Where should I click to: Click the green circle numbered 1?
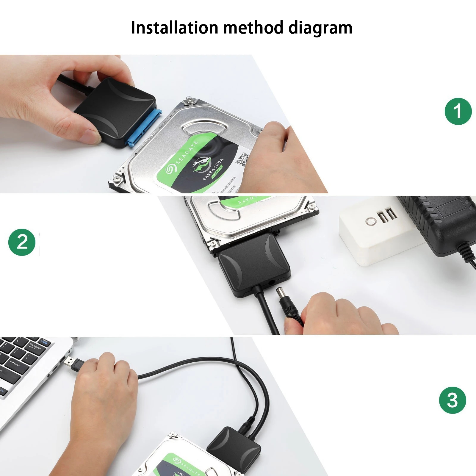(x=458, y=111)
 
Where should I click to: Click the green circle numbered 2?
(x=22, y=242)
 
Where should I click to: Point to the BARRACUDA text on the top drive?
(x=213, y=170)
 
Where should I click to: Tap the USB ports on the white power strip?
(x=387, y=215)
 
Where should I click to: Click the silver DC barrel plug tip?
(x=280, y=293)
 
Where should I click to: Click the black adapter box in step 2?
(x=253, y=265)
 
